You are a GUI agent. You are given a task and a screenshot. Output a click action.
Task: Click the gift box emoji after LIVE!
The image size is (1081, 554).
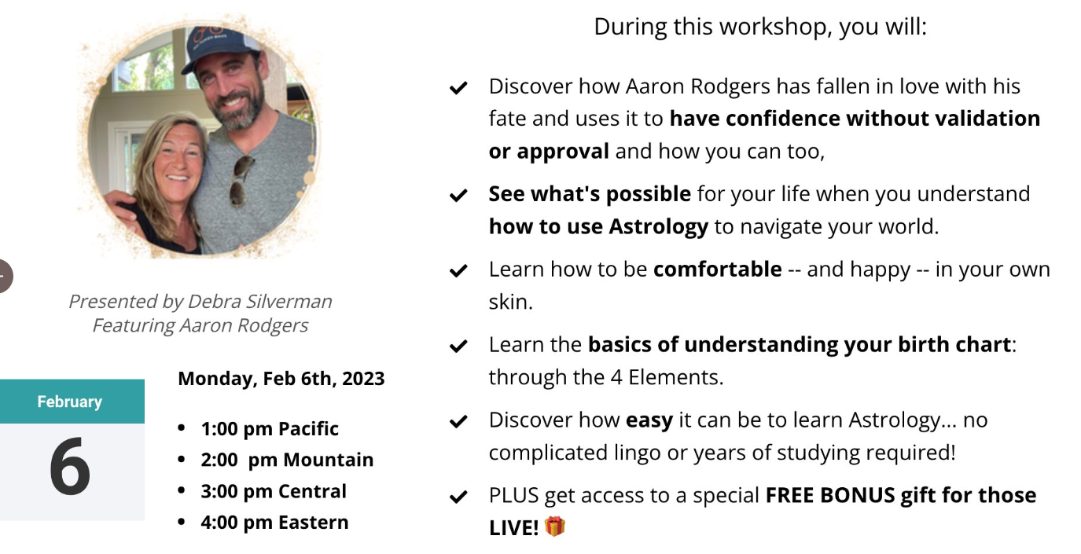[554, 526]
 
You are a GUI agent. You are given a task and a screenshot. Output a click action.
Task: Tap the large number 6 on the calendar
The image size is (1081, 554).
[70, 466]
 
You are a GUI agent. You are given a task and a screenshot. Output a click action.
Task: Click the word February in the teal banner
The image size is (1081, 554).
[70, 402]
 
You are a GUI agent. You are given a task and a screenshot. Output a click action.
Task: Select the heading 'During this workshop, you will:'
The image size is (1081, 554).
[760, 27]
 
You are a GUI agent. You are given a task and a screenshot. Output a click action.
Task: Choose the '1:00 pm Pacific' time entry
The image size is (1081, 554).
[270, 428]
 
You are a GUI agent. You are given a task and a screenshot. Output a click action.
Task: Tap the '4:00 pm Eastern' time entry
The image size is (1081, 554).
[274, 523]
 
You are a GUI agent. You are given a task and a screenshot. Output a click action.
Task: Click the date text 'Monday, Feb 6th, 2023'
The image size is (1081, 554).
[281, 379]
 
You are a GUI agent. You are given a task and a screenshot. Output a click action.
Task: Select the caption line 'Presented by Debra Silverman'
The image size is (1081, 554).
[200, 302]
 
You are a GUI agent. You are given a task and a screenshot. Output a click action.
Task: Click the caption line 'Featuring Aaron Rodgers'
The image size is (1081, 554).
[200, 326]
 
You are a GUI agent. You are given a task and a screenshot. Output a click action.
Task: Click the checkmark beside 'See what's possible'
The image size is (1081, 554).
[458, 195]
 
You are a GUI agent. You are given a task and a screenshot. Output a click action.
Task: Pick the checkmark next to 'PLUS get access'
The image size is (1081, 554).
[458, 497]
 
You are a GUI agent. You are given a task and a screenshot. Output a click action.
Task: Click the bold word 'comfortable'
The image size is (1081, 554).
[717, 269]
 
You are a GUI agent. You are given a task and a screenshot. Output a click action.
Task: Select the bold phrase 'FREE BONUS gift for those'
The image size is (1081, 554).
[901, 495]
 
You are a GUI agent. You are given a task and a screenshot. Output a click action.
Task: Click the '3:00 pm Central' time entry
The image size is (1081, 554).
[274, 491]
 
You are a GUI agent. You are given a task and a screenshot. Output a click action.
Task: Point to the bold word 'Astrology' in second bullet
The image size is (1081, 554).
[658, 226]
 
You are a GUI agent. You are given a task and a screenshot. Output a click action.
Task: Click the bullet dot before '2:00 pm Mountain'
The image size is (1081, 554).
[182, 459]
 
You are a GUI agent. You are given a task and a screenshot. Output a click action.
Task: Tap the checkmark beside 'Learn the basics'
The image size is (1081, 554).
[458, 347]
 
